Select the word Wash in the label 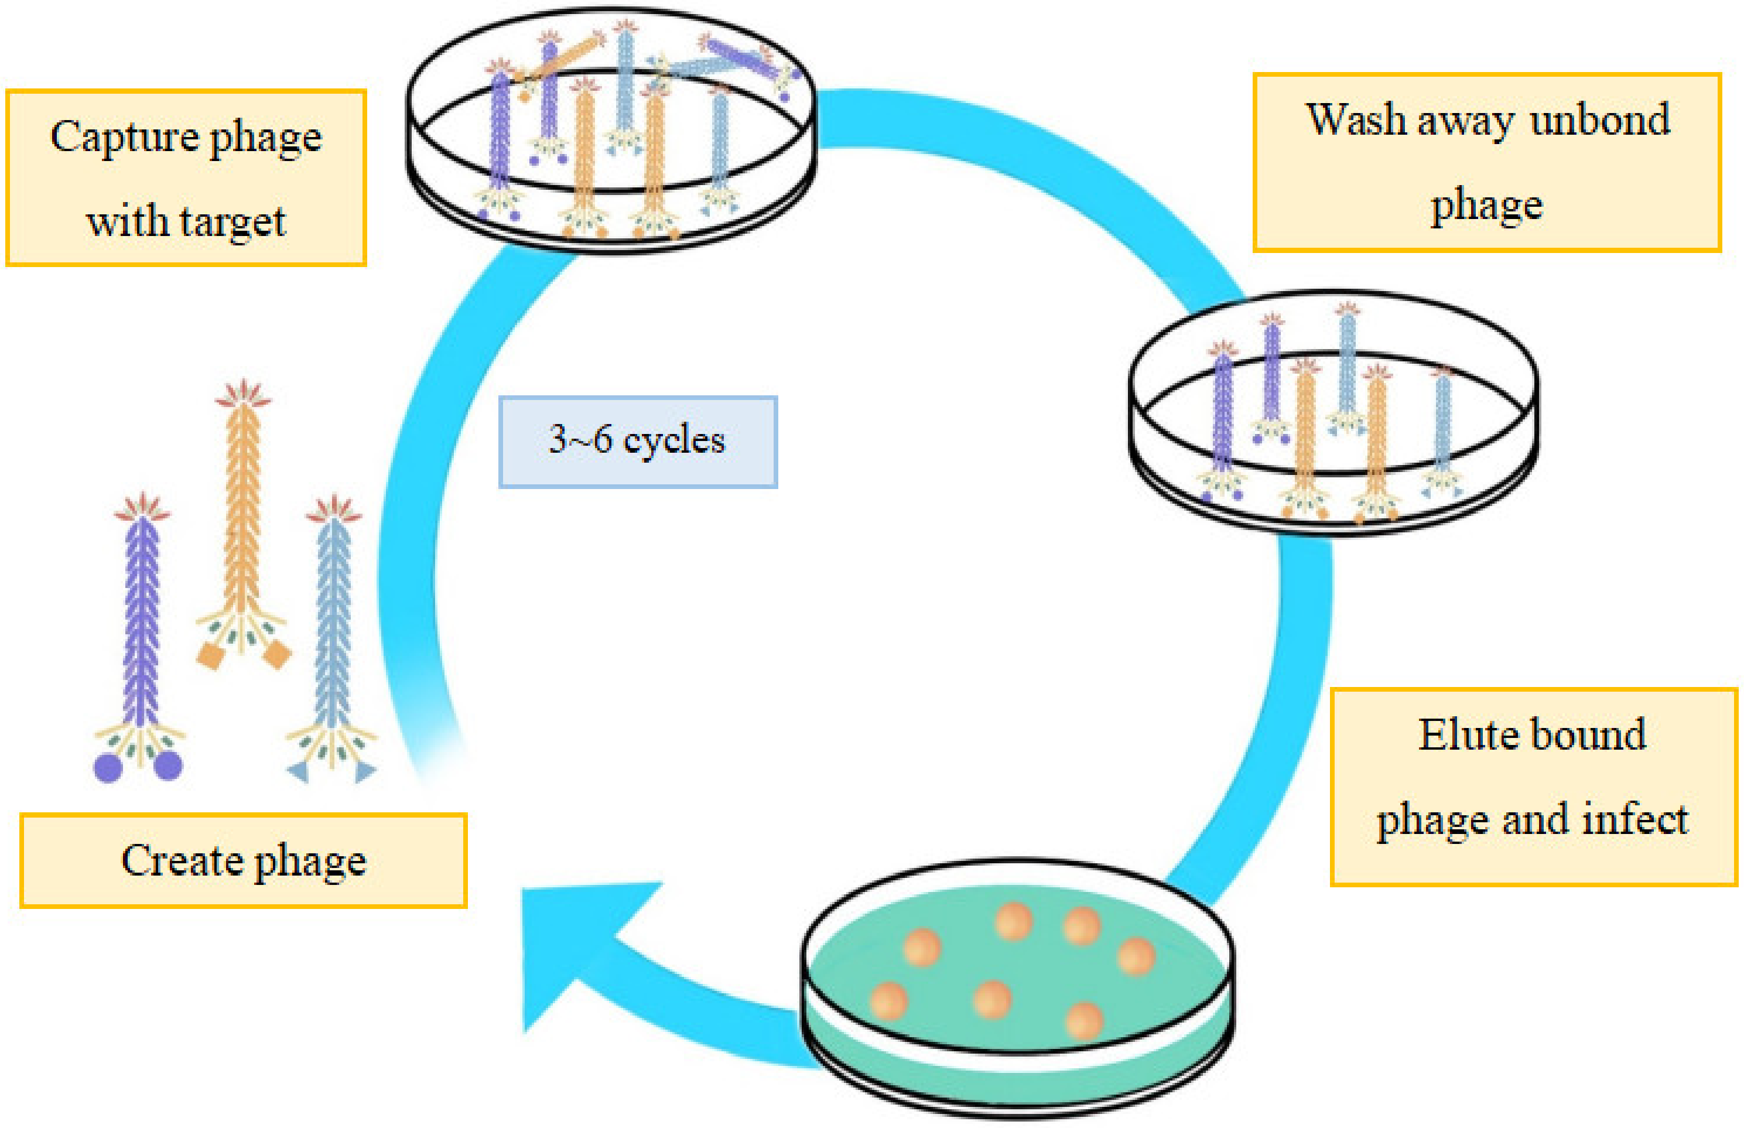point(1355,121)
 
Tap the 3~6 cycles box point(637,442)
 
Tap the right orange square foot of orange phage point(277,654)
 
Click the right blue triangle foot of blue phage point(365,771)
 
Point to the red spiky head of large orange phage point(243,394)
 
